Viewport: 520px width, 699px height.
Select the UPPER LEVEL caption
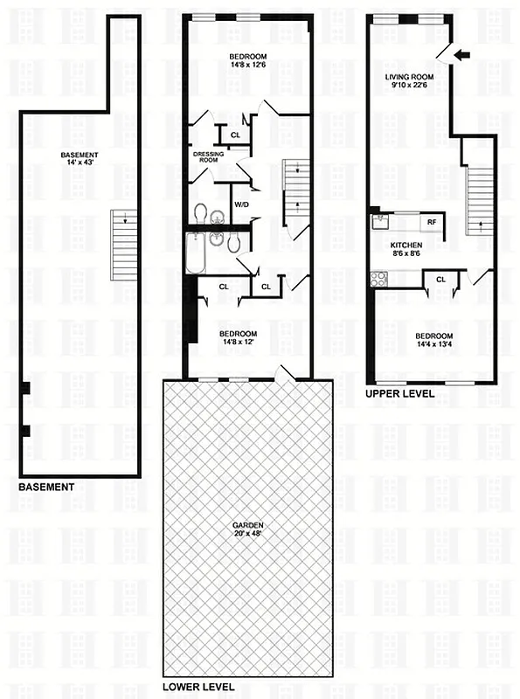400,394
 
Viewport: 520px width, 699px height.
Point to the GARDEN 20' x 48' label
248,529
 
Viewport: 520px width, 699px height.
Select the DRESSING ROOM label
208,158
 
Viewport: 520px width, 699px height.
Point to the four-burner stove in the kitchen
379,279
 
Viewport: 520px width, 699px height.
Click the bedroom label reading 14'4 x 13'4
433,342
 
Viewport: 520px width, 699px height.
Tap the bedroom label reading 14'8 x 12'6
247,62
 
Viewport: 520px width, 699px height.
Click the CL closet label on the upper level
440,280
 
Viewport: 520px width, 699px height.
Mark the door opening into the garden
282,374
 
